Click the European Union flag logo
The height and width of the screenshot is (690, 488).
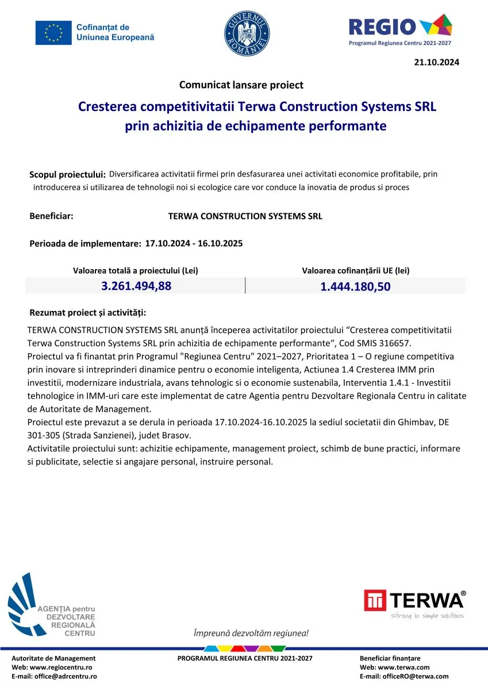point(53,33)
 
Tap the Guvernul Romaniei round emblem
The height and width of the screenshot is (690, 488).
point(247,33)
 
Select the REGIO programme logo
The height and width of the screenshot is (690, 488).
point(401,29)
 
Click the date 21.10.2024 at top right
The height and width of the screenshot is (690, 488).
point(436,63)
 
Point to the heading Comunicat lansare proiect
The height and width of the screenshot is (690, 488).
point(241,85)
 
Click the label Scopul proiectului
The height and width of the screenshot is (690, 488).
point(67,174)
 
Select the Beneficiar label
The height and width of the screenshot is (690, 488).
point(51,216)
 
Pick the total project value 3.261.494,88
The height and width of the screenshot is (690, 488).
point(136,286)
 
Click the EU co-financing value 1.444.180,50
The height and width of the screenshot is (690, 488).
point(355,286)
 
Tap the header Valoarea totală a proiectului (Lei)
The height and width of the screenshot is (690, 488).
point(136,270)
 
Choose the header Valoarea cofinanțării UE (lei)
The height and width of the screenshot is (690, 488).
point(356,270)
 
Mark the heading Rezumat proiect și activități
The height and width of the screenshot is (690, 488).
point(87,313)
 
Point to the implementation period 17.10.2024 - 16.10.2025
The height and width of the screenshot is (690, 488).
point(194,243)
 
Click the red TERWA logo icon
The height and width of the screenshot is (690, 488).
point(375,600)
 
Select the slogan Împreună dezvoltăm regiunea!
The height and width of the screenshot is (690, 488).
point(251,633)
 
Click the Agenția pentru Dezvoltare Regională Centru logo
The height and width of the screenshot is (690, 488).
point(52,605)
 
